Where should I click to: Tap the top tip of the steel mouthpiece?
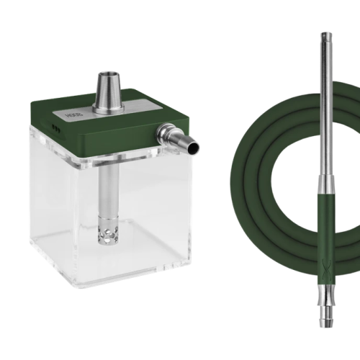pos(326,33)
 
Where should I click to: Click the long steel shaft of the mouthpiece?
pos(326,115)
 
